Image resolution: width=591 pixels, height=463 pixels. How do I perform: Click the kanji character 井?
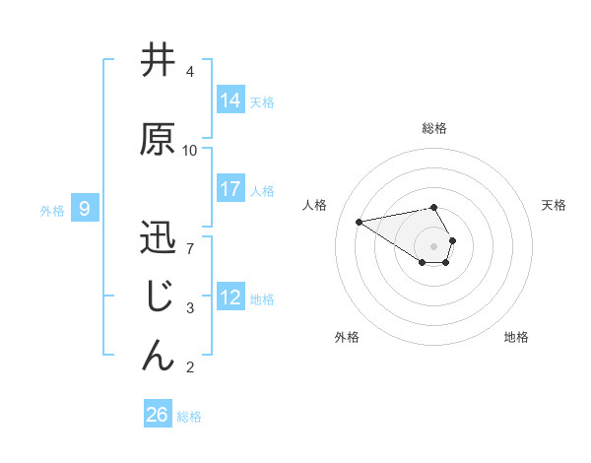click(158, 60)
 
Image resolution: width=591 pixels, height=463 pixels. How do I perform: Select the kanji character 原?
click(158, 139)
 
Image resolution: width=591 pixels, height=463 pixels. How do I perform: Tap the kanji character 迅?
click(158, 238)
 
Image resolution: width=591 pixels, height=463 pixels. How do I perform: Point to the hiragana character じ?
click(158, 297)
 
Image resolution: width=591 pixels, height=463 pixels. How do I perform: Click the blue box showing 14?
click(230, 100)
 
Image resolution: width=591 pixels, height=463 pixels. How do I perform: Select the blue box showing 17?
click(230, 189)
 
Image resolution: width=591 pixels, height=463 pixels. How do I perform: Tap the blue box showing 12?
click(230, 298)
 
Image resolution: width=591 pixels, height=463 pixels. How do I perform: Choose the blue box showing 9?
click(86, 209)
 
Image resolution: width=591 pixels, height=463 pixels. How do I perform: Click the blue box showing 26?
click(158, 415)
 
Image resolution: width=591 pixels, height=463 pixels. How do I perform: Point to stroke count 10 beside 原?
click(190, 151)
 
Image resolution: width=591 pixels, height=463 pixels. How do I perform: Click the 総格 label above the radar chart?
click(433, 128)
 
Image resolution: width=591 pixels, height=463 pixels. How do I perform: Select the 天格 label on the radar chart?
click(554, 205)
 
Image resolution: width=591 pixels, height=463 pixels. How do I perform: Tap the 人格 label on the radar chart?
click(314, 205)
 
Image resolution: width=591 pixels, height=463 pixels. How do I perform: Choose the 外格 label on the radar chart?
click(347, 337)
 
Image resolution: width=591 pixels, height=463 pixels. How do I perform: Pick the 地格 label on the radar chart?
click(516, 337)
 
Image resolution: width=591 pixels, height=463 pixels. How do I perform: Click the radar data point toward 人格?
click(359, 221)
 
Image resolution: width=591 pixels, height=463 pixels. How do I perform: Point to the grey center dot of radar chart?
click(433, 245)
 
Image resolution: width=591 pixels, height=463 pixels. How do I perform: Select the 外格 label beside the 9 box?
click(52, 210)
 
